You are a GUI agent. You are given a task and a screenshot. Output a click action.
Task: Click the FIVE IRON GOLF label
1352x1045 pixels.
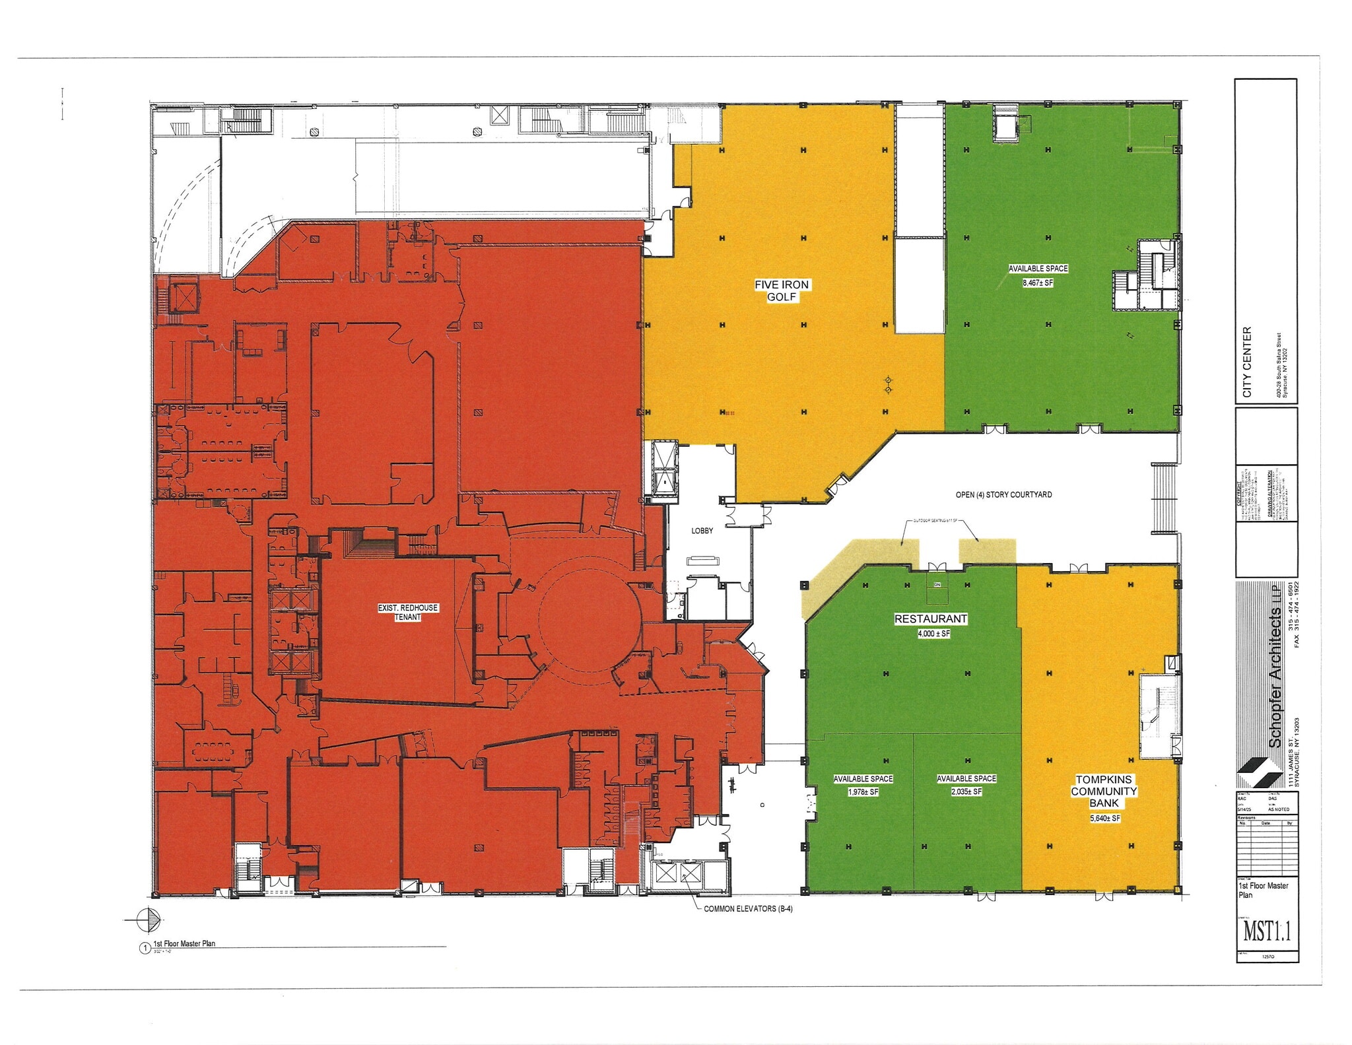[782, 290]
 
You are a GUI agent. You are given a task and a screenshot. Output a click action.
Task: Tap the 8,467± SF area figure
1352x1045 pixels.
[1038, 283]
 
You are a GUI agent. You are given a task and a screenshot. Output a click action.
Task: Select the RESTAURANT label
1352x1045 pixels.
[931, 619]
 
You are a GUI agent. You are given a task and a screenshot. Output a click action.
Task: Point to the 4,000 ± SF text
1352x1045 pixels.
[933, 634]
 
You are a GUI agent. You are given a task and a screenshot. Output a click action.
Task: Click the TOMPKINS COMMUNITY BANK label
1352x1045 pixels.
[1104, 791]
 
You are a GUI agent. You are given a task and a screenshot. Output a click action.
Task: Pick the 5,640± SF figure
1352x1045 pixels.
[1105, 819]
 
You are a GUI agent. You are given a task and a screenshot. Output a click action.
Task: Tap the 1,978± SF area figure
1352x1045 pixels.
[863, 792]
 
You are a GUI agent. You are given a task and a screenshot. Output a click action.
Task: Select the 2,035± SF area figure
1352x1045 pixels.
[966, 792]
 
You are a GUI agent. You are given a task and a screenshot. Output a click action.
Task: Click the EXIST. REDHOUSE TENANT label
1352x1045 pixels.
[408, 612]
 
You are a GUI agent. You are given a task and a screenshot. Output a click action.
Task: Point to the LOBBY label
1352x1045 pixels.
[702, 531]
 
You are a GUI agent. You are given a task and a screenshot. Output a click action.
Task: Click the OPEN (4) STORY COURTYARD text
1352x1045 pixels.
[1003, 494]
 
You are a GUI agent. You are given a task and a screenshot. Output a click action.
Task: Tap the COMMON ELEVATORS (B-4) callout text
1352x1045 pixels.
[748, 909]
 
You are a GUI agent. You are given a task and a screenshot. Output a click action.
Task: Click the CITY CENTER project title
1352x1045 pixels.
[1247, 362]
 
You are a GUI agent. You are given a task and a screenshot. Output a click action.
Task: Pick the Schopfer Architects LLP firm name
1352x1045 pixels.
[1275, 667]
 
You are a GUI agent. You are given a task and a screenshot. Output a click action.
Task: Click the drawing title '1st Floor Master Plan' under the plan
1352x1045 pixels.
[184, 943]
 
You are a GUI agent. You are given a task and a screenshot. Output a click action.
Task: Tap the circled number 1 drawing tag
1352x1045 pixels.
[145, 949]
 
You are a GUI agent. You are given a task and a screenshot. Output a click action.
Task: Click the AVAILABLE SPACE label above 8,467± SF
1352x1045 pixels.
[1038, 269]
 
